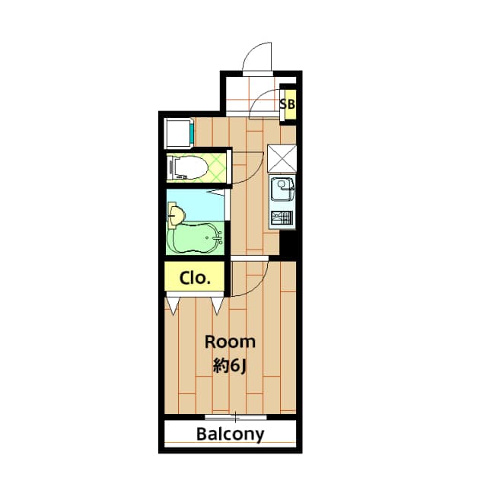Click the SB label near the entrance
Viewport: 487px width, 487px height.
click(x=288, y=103)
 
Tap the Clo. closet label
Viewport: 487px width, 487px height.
click(x=195, y=278)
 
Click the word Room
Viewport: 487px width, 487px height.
click(x=229, y=342)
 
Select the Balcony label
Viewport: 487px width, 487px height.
click(x=230, y=435)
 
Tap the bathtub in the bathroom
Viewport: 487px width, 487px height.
click(x=195, y=239)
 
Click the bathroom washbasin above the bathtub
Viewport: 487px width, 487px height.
click(x=175, y=215)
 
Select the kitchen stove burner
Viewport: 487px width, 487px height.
click(x=282, y=218)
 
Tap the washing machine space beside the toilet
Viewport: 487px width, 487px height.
click(x=178, y=134)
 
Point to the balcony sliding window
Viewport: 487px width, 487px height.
click(x=236, y=417)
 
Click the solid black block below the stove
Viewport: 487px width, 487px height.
click(x=288, y=244)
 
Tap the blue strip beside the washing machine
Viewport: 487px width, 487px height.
click(x=193, y=134)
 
